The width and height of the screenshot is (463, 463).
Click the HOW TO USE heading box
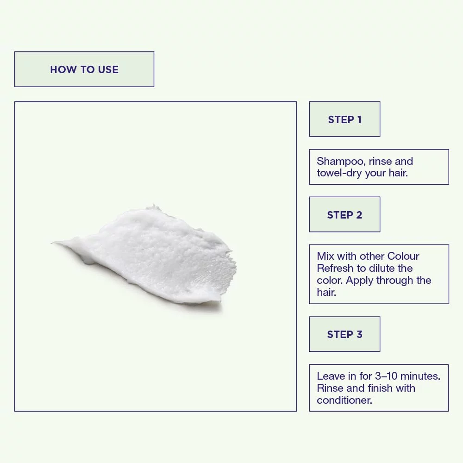(x=84, y=69)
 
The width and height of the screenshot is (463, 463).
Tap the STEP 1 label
(x=344, y=119)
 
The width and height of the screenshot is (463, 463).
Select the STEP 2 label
(x=344, y=215)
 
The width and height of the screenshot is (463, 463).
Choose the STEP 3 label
(x=344, y=334)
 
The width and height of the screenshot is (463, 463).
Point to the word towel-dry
(x=339, y=173)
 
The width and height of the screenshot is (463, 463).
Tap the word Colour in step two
(x=403, y=256)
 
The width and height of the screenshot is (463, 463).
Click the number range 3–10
(x=386, y=376)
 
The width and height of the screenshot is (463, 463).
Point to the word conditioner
(x=344, y=400)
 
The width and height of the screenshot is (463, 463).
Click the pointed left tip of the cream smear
(x=51, y=243)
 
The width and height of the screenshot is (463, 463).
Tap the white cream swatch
(x=144, y=257)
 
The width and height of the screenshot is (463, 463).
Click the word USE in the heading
(x=108, y=70)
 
